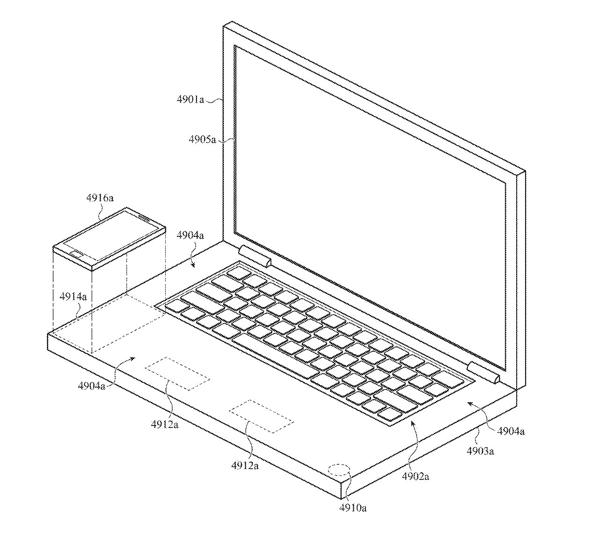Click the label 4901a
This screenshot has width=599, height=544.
[190, 100]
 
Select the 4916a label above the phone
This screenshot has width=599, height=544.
[100, 198]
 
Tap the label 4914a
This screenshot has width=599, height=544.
[73, 296]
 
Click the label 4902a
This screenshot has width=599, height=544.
[416, 477]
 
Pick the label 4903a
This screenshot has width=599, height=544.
[481, 451]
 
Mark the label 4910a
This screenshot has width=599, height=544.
[352, 507]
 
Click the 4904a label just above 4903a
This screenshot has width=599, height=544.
[511, 431]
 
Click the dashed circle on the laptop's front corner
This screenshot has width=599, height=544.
[340, 470]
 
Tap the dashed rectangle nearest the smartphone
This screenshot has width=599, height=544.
[177, 374]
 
